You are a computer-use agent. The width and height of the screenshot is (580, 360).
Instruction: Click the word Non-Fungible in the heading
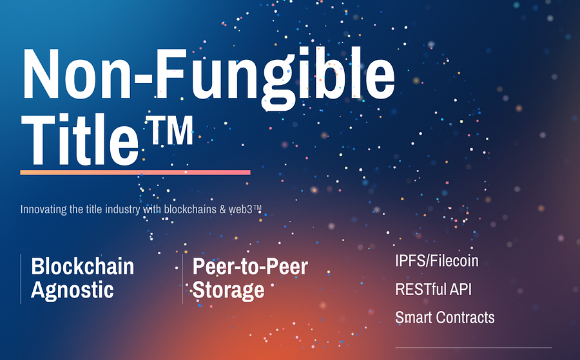(209, 79)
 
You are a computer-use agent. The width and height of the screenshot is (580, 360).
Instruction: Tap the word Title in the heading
(80, 139)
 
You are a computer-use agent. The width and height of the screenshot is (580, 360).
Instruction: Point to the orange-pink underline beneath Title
(135, 172)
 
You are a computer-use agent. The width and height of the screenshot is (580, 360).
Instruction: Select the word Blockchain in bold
(82, 266)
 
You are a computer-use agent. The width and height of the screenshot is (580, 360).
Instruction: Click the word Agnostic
(72, 290)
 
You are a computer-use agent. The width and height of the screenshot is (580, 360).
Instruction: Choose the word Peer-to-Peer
(250, 266)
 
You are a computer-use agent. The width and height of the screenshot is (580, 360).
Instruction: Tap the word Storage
(228, 290)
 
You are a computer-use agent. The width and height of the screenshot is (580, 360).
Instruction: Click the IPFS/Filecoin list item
(436, 261)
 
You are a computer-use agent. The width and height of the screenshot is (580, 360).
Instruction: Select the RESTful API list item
(433, 289)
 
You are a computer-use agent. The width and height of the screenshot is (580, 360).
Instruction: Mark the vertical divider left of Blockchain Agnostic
(21, 279)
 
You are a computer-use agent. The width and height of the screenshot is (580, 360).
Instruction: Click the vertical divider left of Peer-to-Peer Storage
(182, 279)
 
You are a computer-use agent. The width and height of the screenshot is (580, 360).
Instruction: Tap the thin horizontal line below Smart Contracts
(474, 347)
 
